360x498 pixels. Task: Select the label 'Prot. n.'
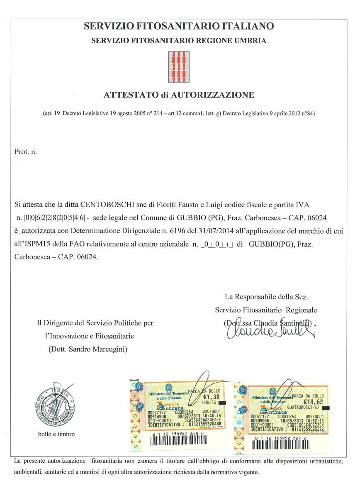click(26, 152)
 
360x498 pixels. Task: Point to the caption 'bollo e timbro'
click(56, 434)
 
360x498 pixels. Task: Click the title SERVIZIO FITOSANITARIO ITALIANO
click(179, 26)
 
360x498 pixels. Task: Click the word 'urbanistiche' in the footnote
click(325, 461)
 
